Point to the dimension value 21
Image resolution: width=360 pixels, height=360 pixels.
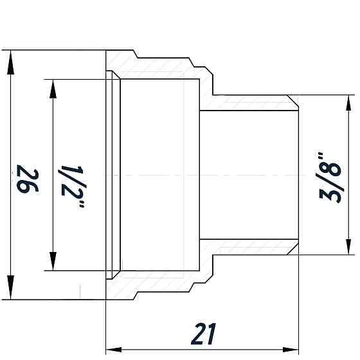203,334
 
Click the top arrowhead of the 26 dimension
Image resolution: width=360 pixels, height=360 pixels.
10,62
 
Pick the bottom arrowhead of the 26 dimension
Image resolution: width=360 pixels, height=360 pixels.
10,289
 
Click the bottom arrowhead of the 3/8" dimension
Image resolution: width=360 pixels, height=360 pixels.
349,245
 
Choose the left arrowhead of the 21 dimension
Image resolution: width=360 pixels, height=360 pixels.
116,350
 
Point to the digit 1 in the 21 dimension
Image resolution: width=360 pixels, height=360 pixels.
212,334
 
